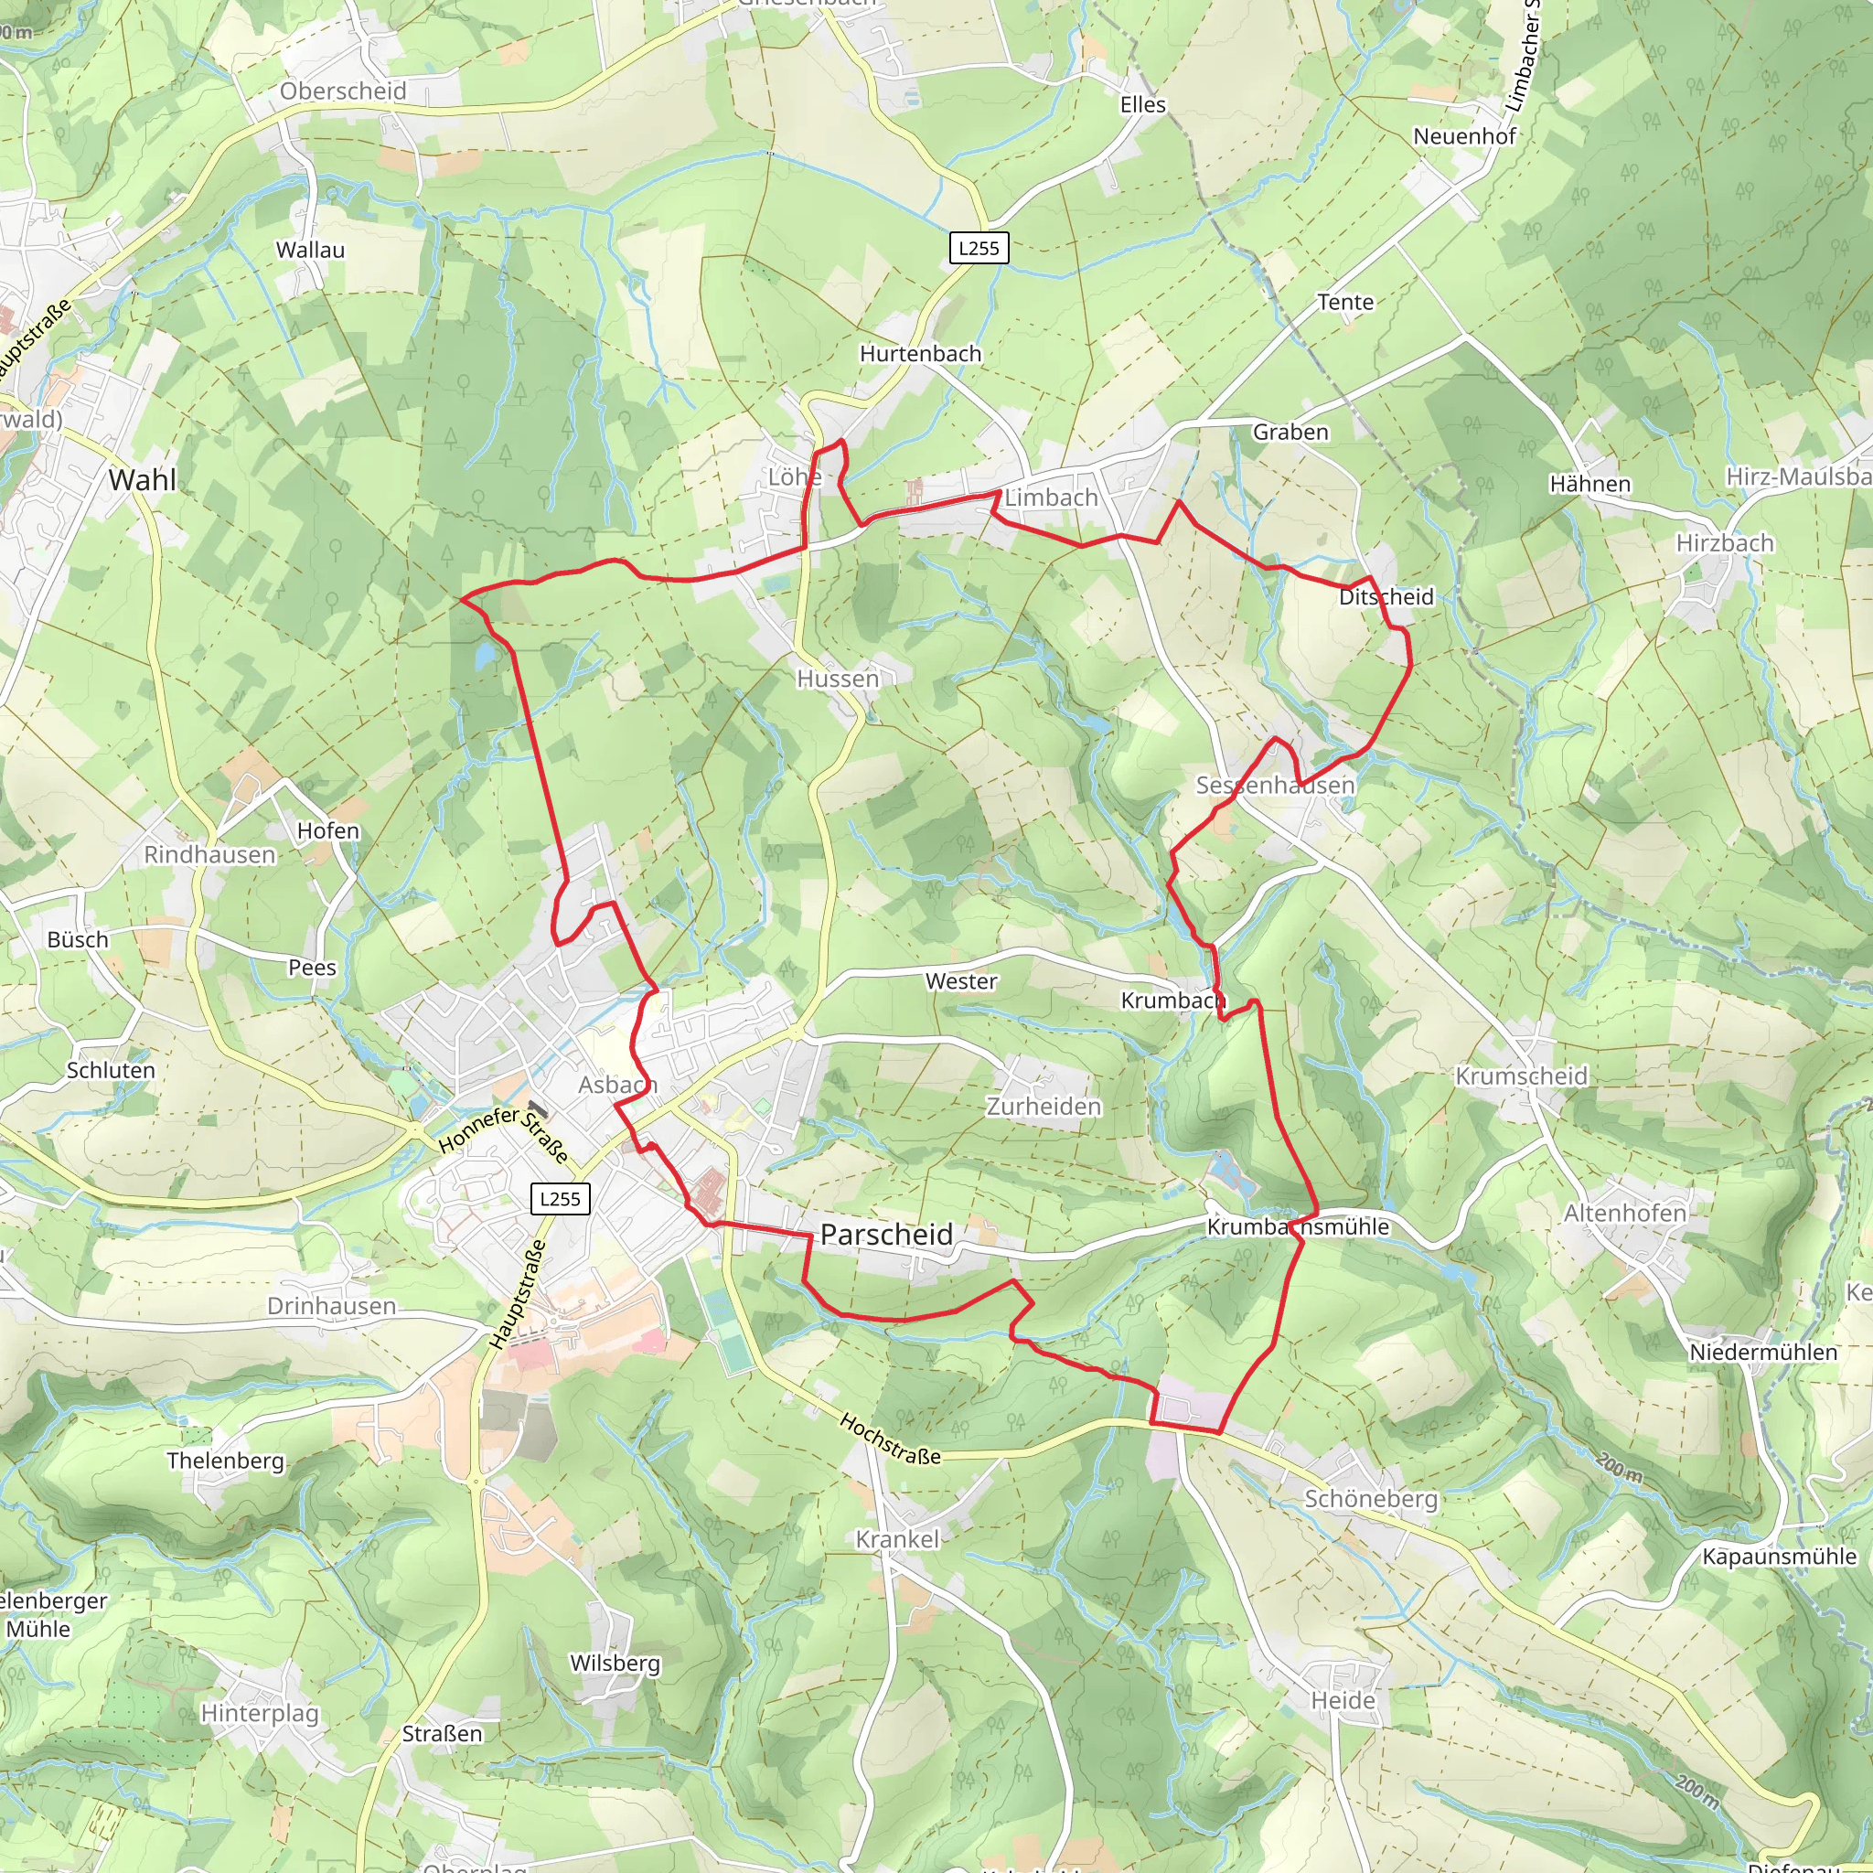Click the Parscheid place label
(886, 1234)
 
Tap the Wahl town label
(143, 480)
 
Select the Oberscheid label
(343, 91)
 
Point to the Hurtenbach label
(920, 354)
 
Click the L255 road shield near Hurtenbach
(979, 248)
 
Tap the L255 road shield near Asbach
(561, 1199)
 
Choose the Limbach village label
(1051, 498)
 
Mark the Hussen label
(838, 679)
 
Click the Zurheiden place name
(1044, 1107)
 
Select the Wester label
(961, 981)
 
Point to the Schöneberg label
(1370, 1499)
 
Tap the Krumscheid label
(1521, 1076)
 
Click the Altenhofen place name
(1625, 1213)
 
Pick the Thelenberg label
(225, 1461)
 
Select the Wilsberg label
(615, 1663)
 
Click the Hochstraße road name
(890, 1440)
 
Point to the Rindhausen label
(209, 854)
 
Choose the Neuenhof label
(1464, 136)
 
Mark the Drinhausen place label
(332, 1306)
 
